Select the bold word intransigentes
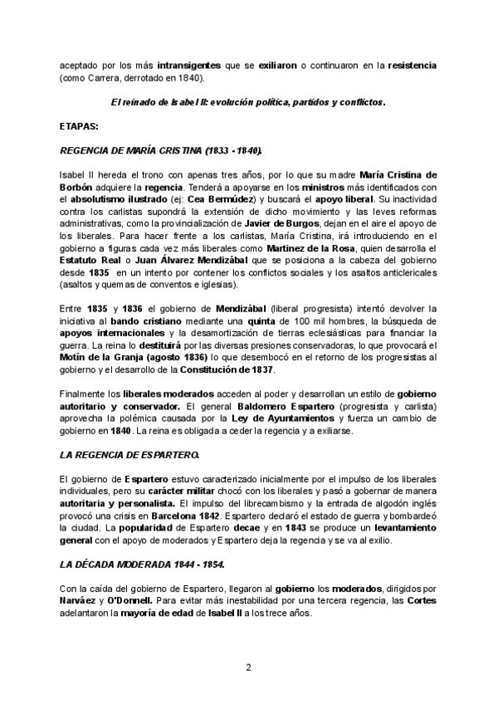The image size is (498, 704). click(166, 64)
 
